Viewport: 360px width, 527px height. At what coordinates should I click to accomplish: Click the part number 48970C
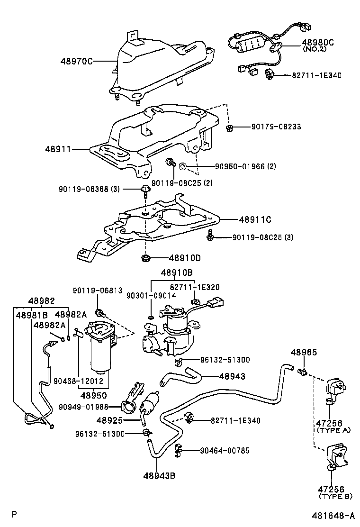pos(76,61)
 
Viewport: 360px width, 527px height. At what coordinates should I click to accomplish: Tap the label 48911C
pos(255,220)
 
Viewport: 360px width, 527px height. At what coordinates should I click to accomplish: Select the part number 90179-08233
pos(276,127)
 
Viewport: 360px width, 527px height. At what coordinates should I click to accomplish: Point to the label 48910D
pos(185,258)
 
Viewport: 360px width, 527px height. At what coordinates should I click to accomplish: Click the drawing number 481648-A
pos(333,516)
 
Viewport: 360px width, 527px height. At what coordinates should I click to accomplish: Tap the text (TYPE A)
pos(333,430)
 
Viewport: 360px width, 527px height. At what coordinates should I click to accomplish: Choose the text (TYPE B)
pos(335,496)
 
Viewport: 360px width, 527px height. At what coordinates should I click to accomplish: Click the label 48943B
pos(159,475)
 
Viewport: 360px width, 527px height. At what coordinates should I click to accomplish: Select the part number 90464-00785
pos(225,450)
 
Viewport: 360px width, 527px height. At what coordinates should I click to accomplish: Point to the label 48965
pos(304,352)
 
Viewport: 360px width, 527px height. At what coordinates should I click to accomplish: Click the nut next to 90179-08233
pos(229,127)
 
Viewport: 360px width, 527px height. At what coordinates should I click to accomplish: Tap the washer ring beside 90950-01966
pos(183,166)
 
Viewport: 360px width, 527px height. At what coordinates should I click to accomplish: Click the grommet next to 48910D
pos(145,258)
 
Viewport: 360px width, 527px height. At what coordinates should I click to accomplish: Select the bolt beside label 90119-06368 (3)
pos(145,190)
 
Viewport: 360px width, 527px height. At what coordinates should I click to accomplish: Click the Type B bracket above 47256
pos(336,457)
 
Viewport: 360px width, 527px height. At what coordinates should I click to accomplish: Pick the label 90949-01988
pos(83,407)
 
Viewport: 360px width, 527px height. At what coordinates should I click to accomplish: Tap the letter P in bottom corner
pos(14,514)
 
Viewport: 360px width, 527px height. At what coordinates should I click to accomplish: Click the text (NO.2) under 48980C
pos(315,49)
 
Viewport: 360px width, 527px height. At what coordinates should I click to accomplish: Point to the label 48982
pos(41,301)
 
